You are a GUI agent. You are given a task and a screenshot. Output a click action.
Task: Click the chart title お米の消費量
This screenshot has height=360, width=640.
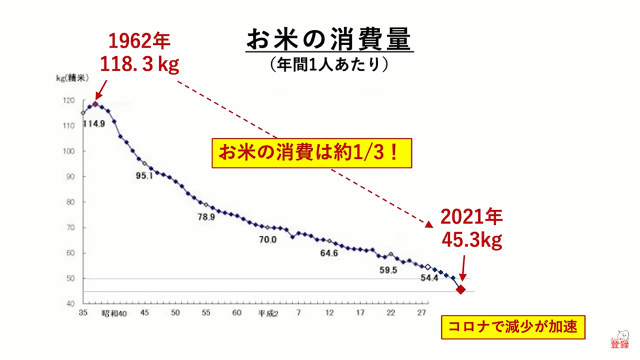point(329,39)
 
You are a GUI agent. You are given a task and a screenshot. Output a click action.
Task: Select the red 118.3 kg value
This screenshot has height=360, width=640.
point(139,64)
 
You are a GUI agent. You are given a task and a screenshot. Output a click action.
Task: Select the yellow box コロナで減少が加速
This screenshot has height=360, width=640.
point(512,327)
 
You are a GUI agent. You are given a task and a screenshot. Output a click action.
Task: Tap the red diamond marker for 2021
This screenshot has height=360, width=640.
point(461,289)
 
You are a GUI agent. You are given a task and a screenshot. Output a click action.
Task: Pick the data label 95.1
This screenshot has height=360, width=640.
point(144,176)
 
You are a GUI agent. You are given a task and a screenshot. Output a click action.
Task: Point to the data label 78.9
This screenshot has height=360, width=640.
point(206,217)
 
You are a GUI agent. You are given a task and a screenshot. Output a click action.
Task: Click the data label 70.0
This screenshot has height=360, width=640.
point(268,239)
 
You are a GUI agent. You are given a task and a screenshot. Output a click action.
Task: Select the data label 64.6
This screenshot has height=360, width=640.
point(329,253)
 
